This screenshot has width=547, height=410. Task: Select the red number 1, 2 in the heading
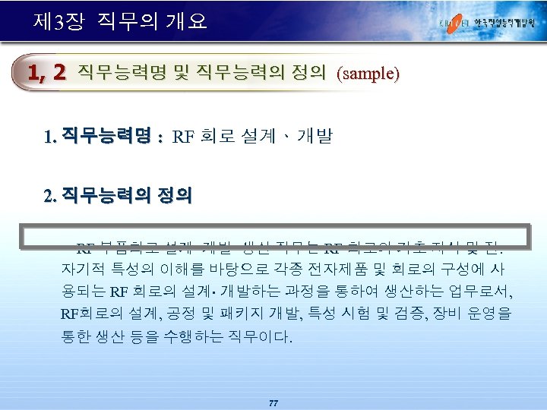46,73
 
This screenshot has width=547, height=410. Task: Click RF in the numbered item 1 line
183,137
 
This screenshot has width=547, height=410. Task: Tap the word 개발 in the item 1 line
315,137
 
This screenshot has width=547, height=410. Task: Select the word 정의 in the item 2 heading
174,197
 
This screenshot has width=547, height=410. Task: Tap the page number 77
273,402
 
